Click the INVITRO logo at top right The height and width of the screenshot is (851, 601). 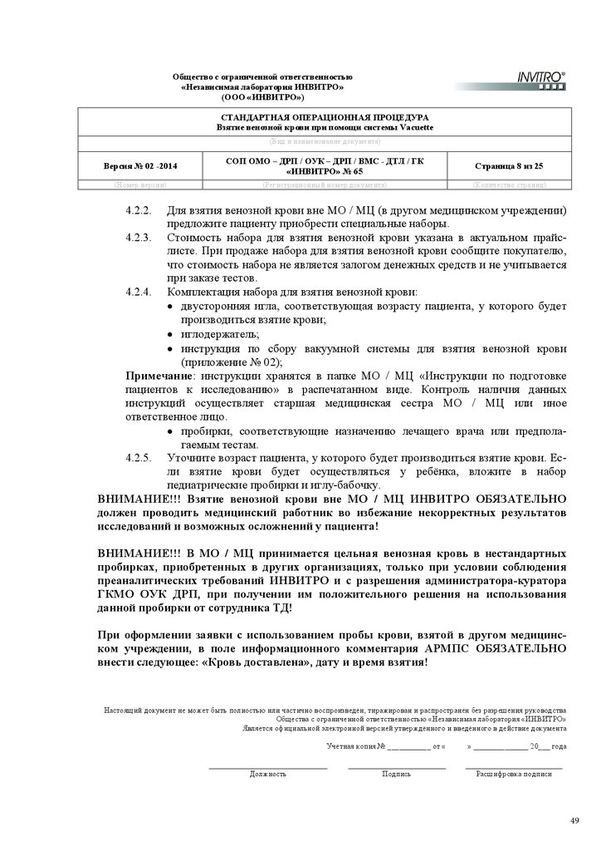pos(535,80)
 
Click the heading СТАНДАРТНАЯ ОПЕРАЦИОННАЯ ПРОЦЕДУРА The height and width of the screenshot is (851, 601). pos(325,118)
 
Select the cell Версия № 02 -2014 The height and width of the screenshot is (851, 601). pos(140,166)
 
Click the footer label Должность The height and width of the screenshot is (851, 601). pos(268,774)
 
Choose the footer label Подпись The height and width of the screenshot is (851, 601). pos(396,774)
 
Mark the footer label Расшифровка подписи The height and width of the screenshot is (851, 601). pos(513,774)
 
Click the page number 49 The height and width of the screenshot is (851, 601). pos(574,821)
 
